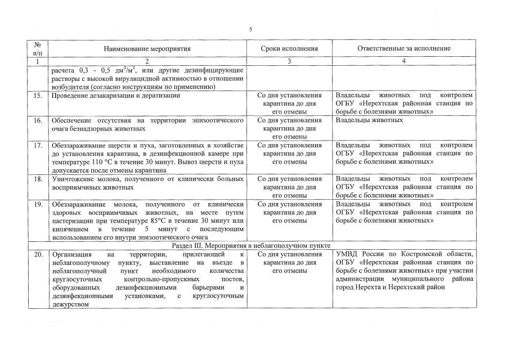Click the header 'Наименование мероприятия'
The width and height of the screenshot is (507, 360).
click(147, 49)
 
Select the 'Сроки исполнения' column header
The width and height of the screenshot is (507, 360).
click(289, 49)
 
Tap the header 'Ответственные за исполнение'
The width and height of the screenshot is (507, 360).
click(404, 49)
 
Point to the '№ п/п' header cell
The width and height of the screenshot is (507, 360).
click(38, 48)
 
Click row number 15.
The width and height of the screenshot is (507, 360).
click(38, 96)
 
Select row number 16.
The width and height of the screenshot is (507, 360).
click(38, 120)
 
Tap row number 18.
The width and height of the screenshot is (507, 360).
click(38, 179)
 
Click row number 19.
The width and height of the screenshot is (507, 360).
click(38, 204)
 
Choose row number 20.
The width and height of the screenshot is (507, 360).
click(38, 254)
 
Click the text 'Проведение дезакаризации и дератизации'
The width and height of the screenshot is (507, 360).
click(115, 96)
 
